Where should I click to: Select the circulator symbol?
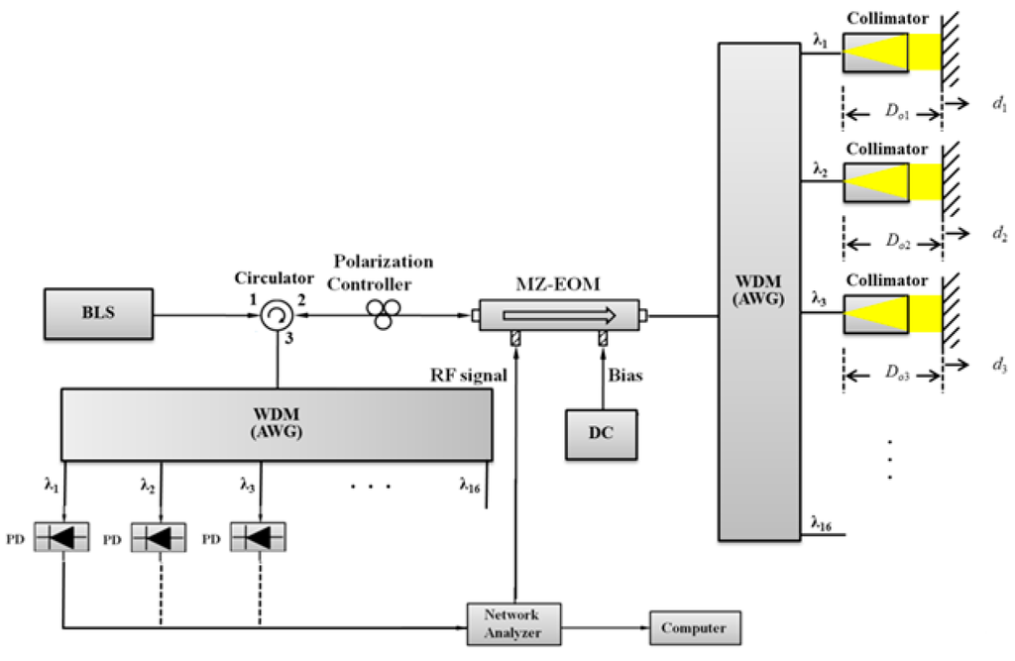pos(278,317)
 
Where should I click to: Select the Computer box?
pos(694,627)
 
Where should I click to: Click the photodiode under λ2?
pos(160,538)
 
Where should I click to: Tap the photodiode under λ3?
pos(259,538)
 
